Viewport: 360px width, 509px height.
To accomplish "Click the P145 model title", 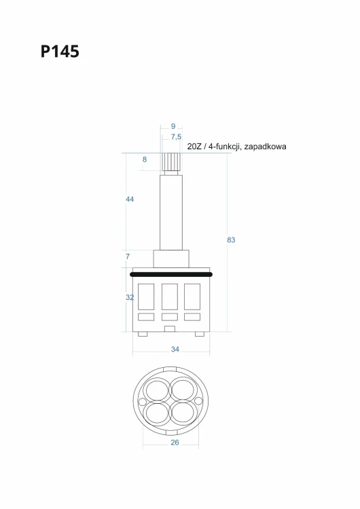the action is tap(60, 52).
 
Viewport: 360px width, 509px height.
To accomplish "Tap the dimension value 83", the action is tap(231, 240).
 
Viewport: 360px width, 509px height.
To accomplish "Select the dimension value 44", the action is tap(130, 199).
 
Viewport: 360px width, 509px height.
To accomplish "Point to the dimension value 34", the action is tap(175, 350).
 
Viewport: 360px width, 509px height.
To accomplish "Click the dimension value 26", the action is tap(175, 442).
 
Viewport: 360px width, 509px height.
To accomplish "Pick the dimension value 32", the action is tap(130, 297).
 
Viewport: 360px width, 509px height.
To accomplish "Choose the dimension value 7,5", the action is tap(176, 137).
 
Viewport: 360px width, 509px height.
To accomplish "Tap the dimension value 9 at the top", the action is tap(173, 126).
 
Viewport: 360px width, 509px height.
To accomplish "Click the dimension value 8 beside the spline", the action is tap(145, 159).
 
